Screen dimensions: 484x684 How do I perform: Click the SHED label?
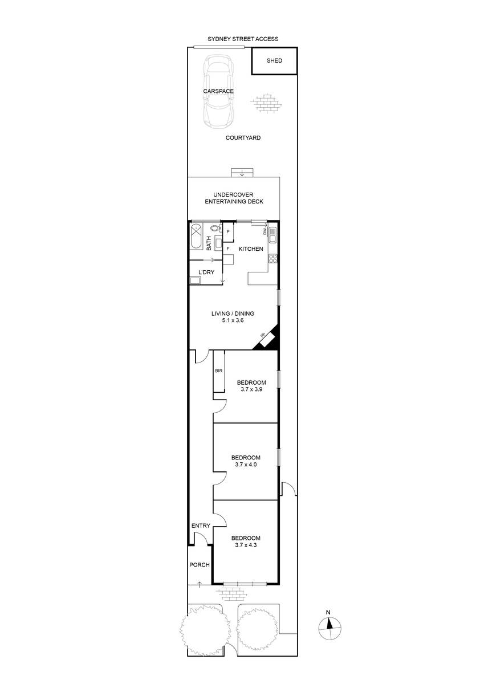click(274, 60)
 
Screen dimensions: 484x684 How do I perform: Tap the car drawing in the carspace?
click(219, 91)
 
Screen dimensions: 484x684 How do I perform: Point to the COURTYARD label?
click(243, 138)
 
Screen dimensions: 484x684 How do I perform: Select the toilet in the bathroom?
click(216, 228)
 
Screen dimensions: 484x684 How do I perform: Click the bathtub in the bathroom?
click(196, 237)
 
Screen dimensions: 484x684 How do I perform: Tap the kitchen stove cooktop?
click(272, 259)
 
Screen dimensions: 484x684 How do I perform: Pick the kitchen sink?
click(272, 235)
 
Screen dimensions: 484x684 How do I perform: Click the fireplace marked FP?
click(267, 339)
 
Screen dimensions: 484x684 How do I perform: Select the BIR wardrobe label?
click(219, 370)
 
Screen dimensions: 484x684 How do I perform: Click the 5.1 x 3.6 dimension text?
click(233, 320)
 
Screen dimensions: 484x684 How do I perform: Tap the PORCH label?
click(200, 565)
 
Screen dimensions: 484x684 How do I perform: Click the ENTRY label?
click(201, 526)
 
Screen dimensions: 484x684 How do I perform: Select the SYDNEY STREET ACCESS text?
click(243, 39)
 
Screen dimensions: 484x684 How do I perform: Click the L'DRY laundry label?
click(206, 272)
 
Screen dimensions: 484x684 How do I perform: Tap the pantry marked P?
click(228, 233)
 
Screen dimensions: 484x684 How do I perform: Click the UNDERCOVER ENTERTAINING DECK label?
click(234, 198)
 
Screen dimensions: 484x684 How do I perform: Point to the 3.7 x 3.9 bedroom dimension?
click(251, 389)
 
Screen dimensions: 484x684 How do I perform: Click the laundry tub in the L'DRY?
click(195, 280)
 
